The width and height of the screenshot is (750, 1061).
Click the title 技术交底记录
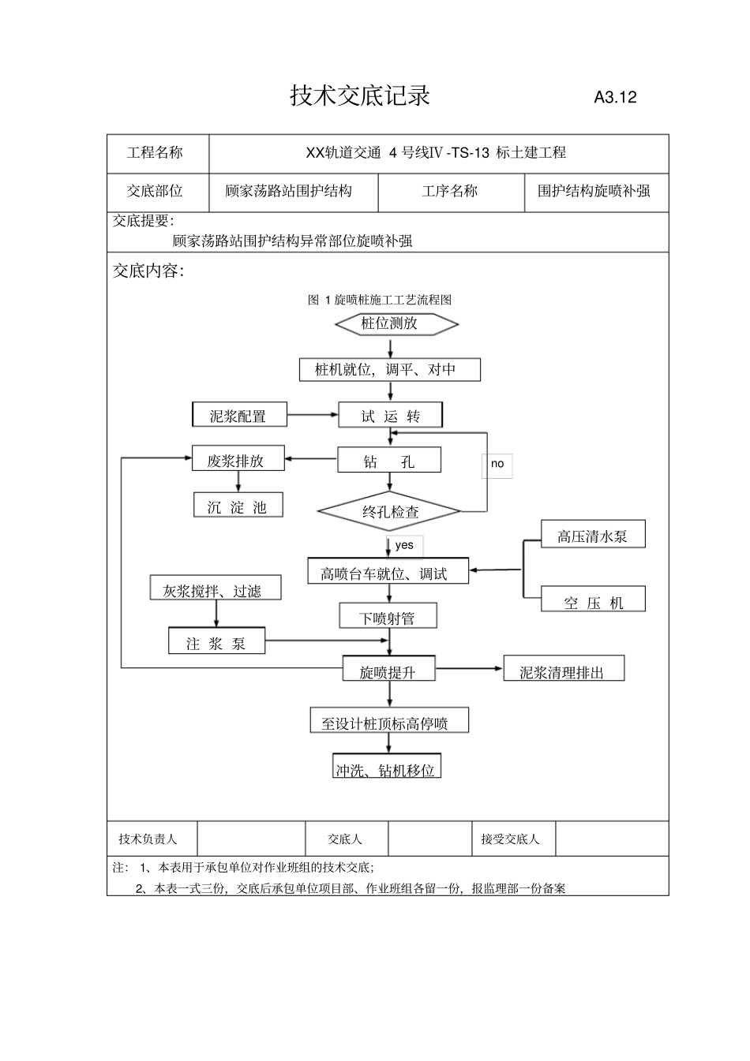(x=360, y=96)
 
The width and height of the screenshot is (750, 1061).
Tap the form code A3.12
(x=615, y=98)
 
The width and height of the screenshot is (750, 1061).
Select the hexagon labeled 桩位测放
(x=396, y=323)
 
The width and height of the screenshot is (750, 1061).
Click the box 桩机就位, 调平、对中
(x=389, y=369)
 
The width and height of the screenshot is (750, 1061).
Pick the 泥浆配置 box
(x=238, y=416)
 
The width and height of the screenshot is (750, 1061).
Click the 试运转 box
(x=390, y=416)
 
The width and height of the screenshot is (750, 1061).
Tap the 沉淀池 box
(x=238, y=506)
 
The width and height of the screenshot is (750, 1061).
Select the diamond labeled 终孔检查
(x=390, y=512)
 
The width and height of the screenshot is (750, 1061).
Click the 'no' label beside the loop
(x=497, y=465)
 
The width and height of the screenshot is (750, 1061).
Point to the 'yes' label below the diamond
(x=404, y=545)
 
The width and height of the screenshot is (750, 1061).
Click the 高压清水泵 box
(x=593, y=535)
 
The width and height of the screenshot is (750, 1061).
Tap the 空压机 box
(x=593, y=601)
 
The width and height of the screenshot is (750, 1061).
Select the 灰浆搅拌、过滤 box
(x=215, y=589)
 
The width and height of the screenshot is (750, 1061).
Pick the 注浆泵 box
(x=216, y=642)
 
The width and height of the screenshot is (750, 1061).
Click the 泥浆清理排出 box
(x=564, y=671)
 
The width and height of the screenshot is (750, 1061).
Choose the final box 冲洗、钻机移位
(x=386, y=768)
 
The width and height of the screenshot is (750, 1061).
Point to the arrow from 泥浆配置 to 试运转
(x=313, y=415)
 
